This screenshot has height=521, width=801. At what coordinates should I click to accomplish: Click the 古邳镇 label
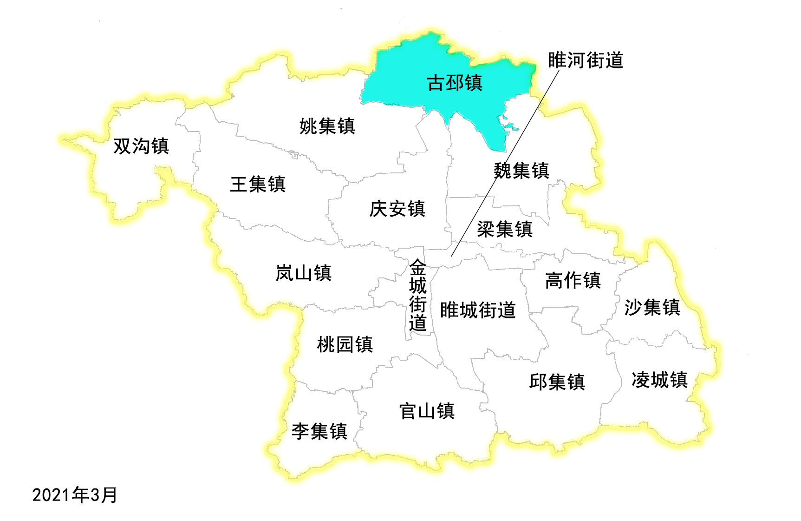point(454,83)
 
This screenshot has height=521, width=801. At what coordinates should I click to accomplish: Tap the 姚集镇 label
point(327,126)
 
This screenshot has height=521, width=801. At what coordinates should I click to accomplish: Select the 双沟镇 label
point(141,146)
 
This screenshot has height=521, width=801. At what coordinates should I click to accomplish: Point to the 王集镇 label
point(258,184)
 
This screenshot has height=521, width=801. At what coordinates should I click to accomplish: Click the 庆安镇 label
point(397,209)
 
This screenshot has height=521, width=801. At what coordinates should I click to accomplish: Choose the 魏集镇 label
point(521,171)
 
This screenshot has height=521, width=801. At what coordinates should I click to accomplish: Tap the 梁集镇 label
point(505,229)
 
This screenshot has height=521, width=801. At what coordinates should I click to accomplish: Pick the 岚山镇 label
point(303,273)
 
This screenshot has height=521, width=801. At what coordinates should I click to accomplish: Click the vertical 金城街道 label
point(417,295)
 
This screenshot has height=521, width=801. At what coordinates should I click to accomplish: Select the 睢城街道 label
point(478,310)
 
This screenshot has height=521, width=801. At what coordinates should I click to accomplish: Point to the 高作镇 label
point(573,280)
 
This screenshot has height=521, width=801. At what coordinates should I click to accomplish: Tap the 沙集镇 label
point(652,307)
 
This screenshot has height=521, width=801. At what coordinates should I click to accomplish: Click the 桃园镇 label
point(345,344)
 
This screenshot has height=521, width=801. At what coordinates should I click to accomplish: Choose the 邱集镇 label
point(557,382)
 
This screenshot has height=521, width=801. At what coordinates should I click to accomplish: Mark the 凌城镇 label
point(659,380)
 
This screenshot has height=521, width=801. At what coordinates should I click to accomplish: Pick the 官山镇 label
point(427,411)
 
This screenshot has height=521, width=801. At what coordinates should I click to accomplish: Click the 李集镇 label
point(319,431)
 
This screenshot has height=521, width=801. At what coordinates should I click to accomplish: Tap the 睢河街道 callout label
point(585,60)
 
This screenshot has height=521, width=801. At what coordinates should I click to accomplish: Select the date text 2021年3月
point(74,495)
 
